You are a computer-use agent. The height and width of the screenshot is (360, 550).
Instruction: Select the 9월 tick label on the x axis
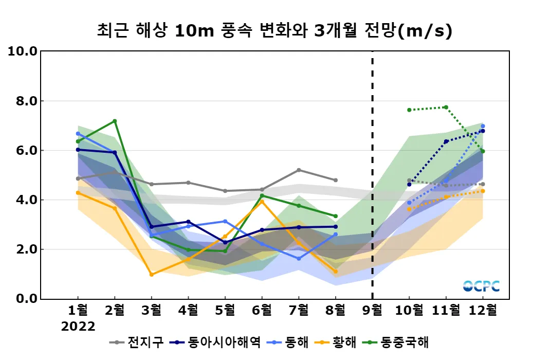click(372, 310)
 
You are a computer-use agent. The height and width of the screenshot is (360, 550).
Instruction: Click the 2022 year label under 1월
click(78, 327)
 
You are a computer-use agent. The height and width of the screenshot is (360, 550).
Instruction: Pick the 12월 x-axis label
click(483, 310)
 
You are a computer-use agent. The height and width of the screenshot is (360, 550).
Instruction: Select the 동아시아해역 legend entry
click(216, 342)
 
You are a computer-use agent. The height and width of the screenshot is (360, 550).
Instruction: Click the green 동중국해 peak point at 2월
click(115, 121)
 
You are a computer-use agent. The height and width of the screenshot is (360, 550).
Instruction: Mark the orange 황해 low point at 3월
click(152, 275)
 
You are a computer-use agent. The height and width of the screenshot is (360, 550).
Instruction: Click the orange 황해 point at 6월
click(262, 202)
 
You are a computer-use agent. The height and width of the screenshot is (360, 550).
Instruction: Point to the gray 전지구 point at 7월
click(299, 170)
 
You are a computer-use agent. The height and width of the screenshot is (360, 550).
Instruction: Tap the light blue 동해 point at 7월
click(299, 259)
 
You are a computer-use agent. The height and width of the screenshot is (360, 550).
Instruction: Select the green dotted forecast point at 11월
click(446, 107)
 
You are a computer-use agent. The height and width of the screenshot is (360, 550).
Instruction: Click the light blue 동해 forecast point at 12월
click(483, 126)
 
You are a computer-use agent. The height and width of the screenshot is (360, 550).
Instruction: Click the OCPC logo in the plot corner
click(481, 286)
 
